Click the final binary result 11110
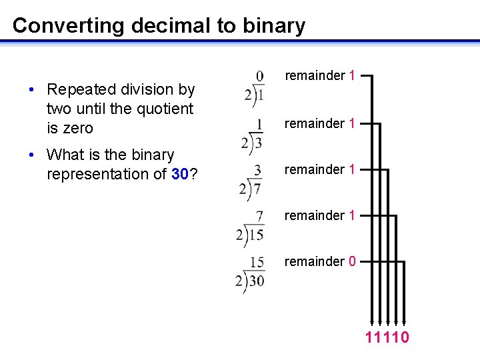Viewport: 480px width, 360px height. (387, 337)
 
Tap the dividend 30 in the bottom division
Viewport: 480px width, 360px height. (257, 281)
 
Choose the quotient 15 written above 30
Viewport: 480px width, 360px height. (257, 262)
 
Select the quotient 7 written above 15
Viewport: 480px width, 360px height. (259, 216)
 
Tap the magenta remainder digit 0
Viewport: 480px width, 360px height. (351, 261)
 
